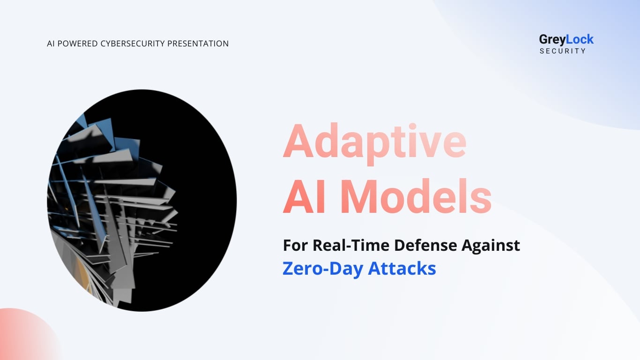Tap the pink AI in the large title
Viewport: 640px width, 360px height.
[x=304, y=196]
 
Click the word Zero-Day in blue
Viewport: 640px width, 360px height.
[x=322, y=269]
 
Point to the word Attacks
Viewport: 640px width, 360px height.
[x=402, y=268]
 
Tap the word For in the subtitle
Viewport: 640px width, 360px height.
[x=296, y=245]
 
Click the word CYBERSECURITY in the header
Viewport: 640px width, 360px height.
[x=133, y=44]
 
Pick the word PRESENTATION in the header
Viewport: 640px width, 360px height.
[x=198, y=44]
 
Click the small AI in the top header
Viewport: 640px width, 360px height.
[x=51, y=44]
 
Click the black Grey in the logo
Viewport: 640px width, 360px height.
[x=552, y=40]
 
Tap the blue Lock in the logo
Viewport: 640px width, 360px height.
[x=580, y=39]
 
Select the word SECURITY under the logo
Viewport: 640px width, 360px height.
[x=563, y=51]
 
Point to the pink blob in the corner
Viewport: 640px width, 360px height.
[x=26, y=337]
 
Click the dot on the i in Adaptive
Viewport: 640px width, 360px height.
[x=412, y=127]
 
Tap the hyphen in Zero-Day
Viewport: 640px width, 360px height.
[x=324, y=270]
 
